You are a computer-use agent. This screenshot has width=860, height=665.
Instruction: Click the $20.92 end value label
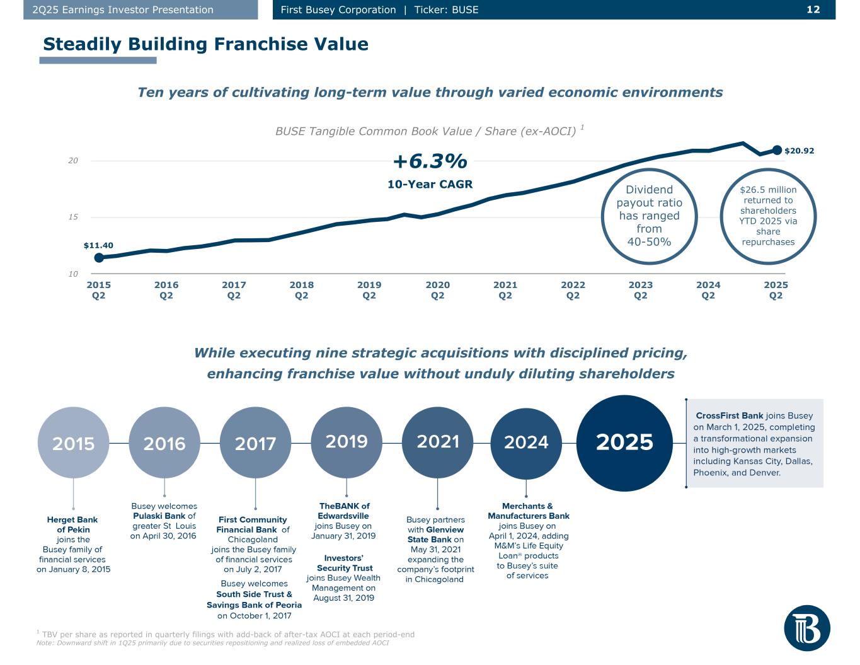click(x=799, y=151)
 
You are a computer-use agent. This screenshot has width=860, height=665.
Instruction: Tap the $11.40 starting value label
click(x=98, y=245)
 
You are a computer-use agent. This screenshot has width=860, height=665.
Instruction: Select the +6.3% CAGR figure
click(x=430, y=162)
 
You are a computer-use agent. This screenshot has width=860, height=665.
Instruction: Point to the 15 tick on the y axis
click(x=73, y=217)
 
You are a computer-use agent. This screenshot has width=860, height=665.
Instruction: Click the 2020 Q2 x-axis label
click(x=437, y=290)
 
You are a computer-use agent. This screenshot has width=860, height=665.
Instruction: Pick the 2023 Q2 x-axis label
click(x=640, y=290)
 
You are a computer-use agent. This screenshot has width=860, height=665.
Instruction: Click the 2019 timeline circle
click(x=347, y=441)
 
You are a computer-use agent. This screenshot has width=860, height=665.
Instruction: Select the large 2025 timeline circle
click(x=624, y=442)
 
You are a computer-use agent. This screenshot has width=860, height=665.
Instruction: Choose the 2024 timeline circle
click(x=526, y=442)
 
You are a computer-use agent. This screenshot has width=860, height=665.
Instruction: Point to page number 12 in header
click(x=813, y=9)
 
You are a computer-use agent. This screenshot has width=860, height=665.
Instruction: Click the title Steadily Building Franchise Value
click(x=205, y=44)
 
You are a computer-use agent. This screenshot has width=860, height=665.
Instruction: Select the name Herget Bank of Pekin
click(x=72, y=524)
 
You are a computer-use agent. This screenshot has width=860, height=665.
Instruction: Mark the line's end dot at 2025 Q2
click(x=777, y=150)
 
